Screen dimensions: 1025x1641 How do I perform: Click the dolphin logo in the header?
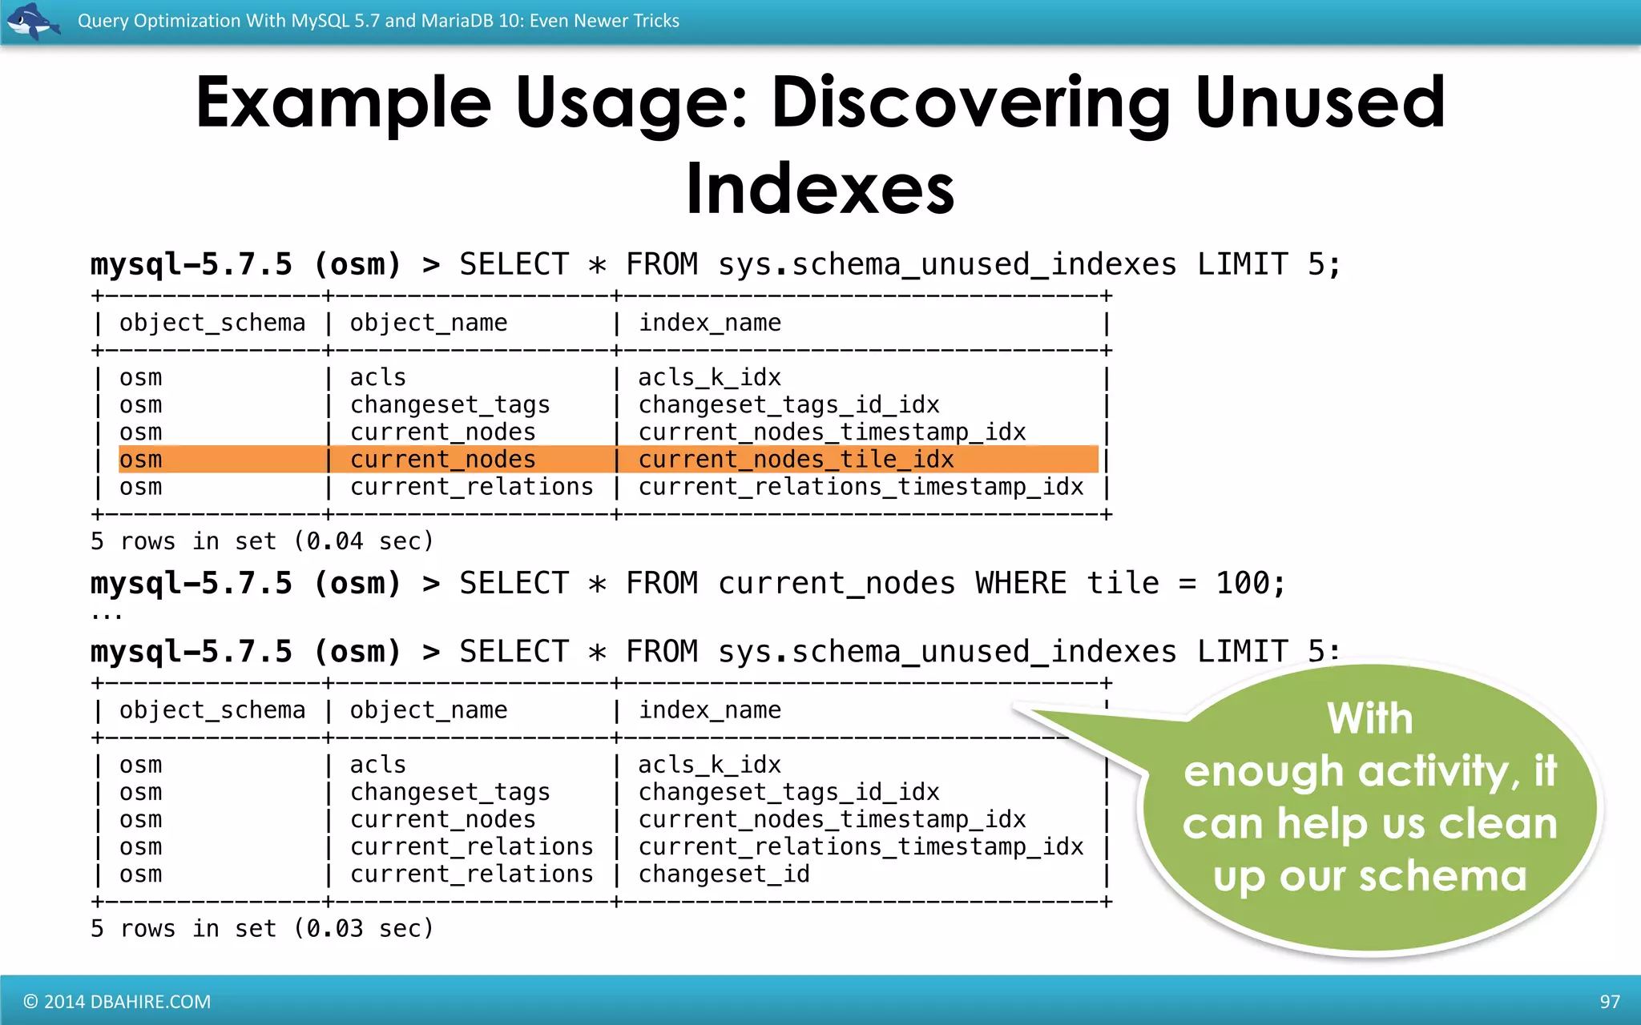point(32,21)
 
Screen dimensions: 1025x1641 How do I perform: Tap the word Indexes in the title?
point(820,189)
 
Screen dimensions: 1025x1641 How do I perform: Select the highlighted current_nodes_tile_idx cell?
point(796,460)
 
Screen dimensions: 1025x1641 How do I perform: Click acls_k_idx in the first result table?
point(709,377)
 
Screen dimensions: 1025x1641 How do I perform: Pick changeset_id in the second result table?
point(724,874)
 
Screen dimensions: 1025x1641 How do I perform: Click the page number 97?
point(1609,1002)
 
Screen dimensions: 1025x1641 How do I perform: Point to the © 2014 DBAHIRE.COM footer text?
point(117,1002)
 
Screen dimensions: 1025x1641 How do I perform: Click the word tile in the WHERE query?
point(1123,583)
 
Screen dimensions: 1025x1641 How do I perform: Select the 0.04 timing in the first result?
point(334,541)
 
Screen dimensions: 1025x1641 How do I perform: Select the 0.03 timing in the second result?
point(334,929)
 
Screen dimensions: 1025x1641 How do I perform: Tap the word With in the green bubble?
point(1369,717)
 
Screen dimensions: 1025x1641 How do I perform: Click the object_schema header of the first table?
point(212,323)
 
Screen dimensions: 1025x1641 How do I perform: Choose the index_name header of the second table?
point(709,710)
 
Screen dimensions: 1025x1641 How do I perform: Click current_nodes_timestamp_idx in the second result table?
point(832,819)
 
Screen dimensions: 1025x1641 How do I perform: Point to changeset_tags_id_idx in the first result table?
point(788,404)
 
